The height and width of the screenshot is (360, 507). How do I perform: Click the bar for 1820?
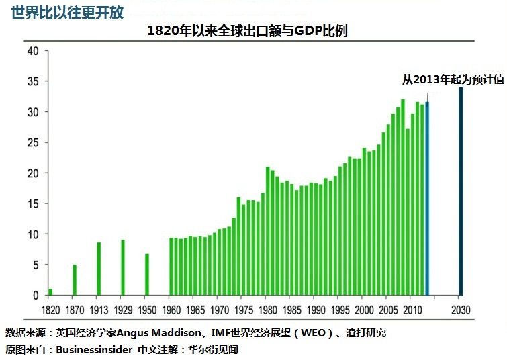pyautogui.click(x=50, y=292)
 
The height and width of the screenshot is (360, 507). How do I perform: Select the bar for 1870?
pyautogui.click(x=75, y=280)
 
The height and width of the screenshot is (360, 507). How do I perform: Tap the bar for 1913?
pyautogui.click(x=99, y=269)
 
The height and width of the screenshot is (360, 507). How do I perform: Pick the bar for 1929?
pyautogui.click(x=123, y=267)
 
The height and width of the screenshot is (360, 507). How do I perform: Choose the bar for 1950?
pyautogui.click(x=147, y=274)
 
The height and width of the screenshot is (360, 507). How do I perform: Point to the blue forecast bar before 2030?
pyautogui.click(x=427, y=199)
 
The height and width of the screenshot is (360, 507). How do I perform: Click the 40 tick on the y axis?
pyautogui.click(x=32, y=50)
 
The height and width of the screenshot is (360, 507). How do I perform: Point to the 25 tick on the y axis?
pyautogui.click(x=32, y=142)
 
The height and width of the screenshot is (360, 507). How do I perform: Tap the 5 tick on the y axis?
pyautogui.click(x=36, y=265)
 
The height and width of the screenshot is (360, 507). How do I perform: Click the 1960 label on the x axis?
pyautogui.click(x=171, y=311)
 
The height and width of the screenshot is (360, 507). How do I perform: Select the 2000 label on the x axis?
pyautogui.click(x=363, y=311)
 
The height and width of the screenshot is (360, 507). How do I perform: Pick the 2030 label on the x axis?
pyautogui.click(x=460, y=311)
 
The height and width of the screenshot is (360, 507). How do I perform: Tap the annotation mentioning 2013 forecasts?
pyautogui.click(x=453, y=79)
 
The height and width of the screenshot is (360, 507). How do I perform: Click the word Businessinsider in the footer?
pyautogui.click(x=94, y=350)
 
